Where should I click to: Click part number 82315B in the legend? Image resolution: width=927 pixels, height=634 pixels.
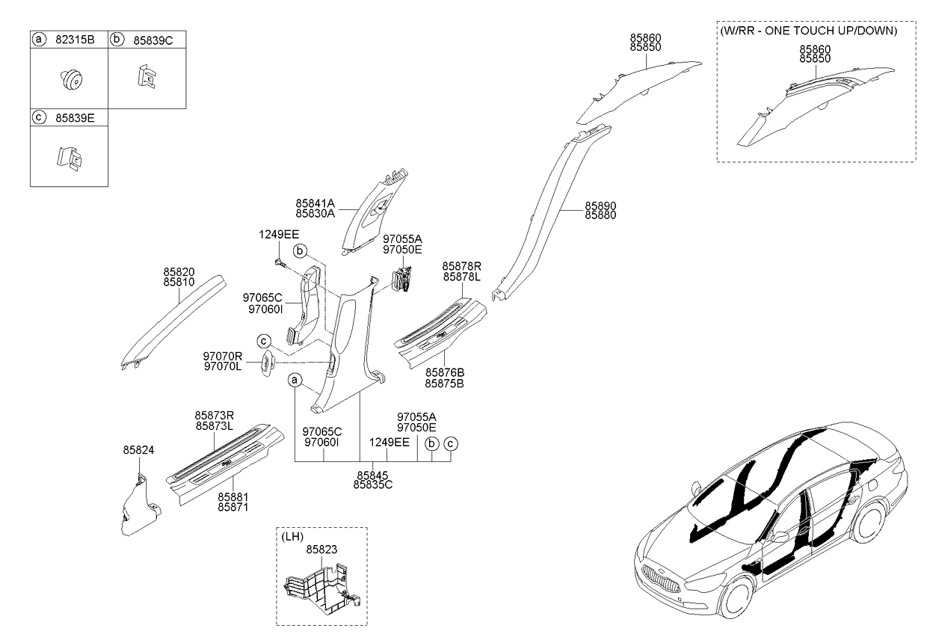[x=75, y=40]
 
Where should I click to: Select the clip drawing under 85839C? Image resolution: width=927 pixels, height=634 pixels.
[x=147, y=76]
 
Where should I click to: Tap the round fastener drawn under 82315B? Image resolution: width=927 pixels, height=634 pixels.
[x=72, y=80]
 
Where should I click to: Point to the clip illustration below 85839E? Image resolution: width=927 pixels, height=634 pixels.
[x=69, y=159]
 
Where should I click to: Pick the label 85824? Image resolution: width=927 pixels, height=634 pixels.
[x=138, y=450]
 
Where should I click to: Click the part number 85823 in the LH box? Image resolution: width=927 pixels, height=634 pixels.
[x=321, y=550]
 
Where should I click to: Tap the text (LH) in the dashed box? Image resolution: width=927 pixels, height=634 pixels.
[x=292, y=537]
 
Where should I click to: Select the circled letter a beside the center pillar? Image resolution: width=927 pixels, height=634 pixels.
[x=295, y=380]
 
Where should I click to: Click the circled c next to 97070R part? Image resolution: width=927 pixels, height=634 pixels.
[x=264, y=342]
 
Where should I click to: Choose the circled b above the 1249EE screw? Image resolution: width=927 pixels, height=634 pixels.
[x=300, y=250]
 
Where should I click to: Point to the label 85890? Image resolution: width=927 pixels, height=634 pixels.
[x=600, y=206]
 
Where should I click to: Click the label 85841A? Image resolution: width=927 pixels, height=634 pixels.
[x=315, y=203]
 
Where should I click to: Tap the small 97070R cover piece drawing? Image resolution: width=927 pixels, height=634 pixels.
[x=268, y=363]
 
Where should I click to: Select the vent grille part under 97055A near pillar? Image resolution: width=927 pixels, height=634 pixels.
[x=401, y=280]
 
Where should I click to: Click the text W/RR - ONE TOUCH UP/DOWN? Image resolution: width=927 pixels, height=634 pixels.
[x=809, y=31]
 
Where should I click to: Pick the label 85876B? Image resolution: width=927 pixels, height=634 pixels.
[x=445, y=372]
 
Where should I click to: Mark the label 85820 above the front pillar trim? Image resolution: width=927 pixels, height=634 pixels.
[x=179, y=272]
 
